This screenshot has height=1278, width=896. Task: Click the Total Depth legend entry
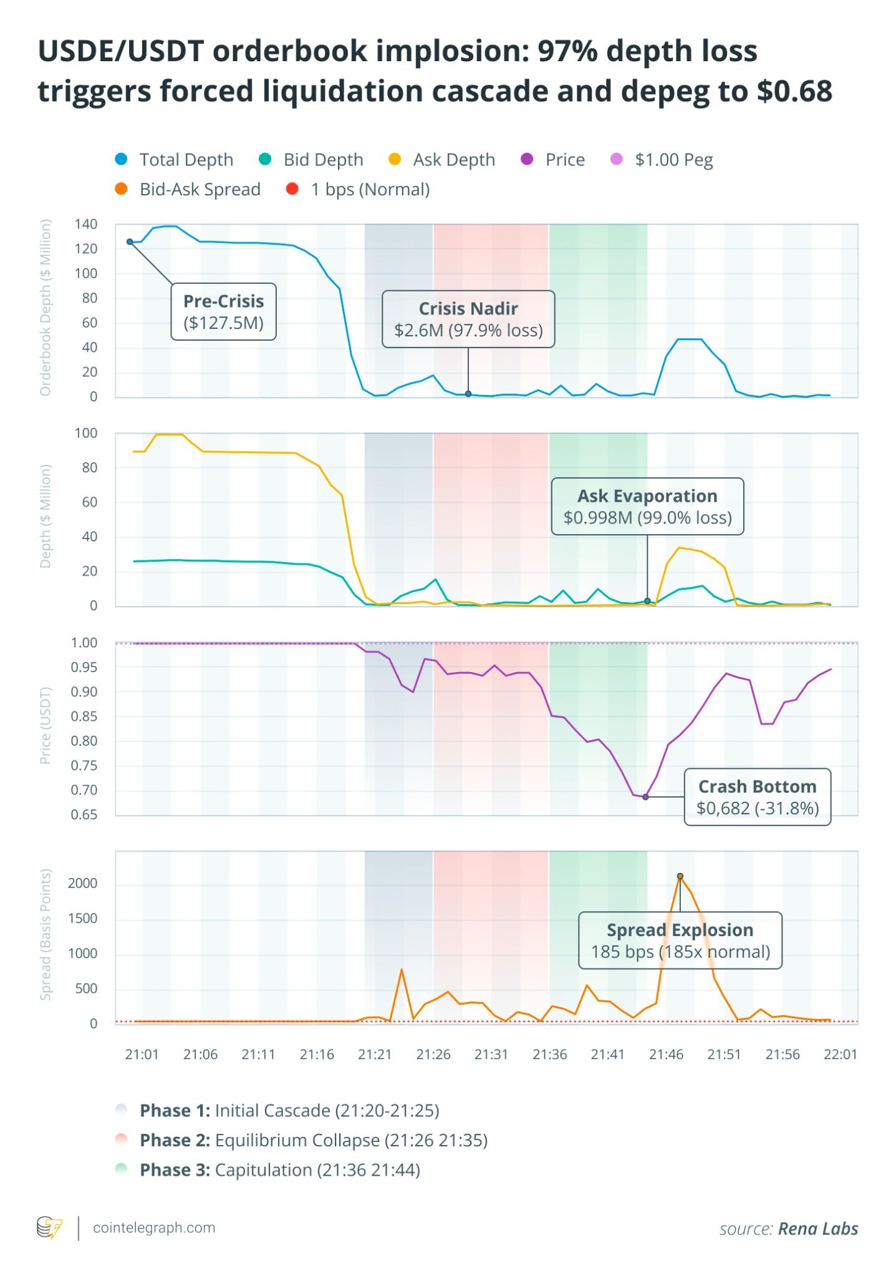[x=175, y=160]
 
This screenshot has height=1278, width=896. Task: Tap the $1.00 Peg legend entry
[x=662, y=160]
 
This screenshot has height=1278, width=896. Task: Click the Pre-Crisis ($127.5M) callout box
[x=223, y=312]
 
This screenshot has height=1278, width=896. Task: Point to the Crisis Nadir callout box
[x=468, y=319]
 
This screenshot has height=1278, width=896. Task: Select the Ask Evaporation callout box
[x=647, y=506]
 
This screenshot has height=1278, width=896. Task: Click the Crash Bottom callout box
[x=757, y=797]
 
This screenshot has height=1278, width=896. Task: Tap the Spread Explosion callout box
[x=680, y=940]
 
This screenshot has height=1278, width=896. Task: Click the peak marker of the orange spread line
[x=680, y=876]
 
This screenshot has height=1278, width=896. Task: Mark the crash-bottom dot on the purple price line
[x=645, y=797]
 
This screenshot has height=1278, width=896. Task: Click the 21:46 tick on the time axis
[x=666, y=1055]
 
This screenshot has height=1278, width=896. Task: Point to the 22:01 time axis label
[x=841, y=1055]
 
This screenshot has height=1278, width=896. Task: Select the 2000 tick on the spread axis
[x=83, y=884]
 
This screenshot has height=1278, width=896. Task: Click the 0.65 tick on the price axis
[x=84, y=815]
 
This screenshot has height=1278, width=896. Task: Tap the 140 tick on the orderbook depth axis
[x=85, y=224]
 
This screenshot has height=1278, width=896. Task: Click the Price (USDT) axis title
[x=45, y=726]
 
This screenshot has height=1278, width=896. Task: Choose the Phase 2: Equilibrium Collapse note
[x=313, y=1140]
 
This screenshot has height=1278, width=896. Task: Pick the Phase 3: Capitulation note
[x=279, y=1169]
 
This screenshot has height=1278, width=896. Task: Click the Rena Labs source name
[x=818, y=1229]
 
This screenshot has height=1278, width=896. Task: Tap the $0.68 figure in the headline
[x=794, y=91]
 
